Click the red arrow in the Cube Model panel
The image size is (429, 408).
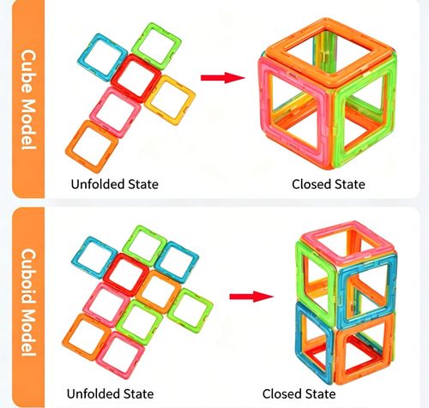click(222, 78)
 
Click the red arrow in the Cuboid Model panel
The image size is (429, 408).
click(251, 297)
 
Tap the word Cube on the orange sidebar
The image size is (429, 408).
click(28, 71)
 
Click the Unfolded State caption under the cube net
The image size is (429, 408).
click(114, 184)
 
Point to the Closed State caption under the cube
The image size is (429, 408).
click(329, 184)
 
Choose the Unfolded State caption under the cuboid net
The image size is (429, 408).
click(110, 394)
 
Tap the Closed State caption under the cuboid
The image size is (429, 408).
click(299, 394)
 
